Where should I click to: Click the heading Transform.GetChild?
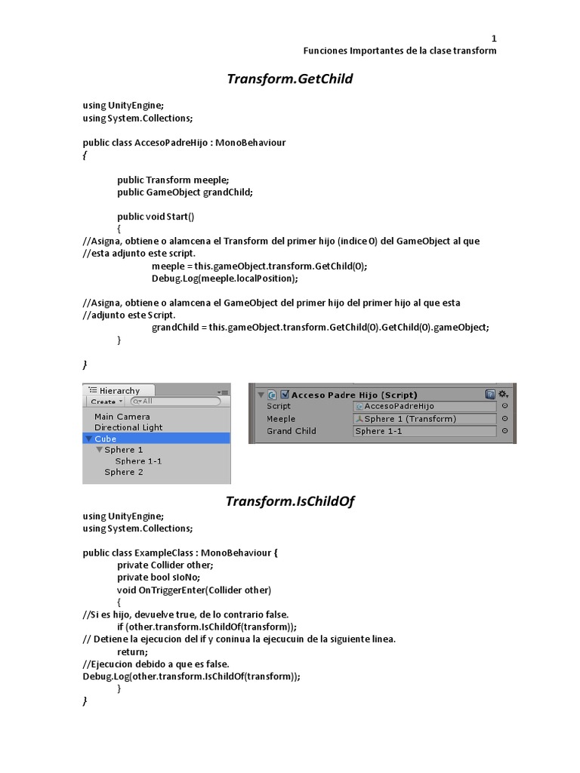(x=290, y=79)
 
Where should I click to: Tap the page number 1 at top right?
(x=494, y=38)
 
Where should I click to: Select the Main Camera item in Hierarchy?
(x=122, y=416)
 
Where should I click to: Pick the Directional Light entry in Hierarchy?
(x=128, y=427)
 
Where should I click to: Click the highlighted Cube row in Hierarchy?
(x=106, y=439)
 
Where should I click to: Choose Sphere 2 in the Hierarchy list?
(x=124, y=472)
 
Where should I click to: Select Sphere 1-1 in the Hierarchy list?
(x=138, y=460)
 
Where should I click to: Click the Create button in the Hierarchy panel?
(x=106, y=402)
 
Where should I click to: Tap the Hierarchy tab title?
(x=119, y=390)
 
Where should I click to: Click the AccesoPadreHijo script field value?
(x=424, y=406)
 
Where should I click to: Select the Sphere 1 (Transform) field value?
(x=424, y=419)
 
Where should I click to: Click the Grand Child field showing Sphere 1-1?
(x=424, y=431)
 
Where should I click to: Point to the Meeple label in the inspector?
(x=281, y=419)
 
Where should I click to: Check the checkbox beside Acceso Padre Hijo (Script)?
(x=285, y=394)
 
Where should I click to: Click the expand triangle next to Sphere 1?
(x=99, y=450)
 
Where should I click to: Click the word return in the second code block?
(x=133, y=651)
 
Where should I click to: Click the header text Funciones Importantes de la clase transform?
(x=400, y=51)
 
